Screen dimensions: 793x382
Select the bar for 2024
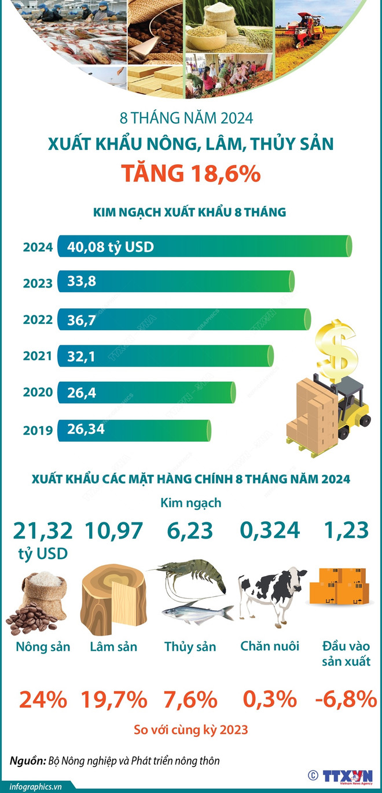pyautogui.click(x=205, y=247)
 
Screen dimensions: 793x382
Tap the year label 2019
pyautogui.click(x=38, y=430)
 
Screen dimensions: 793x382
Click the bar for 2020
pyautogui.click(x=146, y=393)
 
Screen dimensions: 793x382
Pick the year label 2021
pyautogui.click(x=38, y=356)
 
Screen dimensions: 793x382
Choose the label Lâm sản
pyautogui.click(x=113, y=647)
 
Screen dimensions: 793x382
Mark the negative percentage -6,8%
pyautogui.click(x=346, y=700)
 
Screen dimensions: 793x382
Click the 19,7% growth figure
pyautogui.click(x=113, y=700)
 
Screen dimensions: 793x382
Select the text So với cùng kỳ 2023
pyautogui.click(x=190, y=729)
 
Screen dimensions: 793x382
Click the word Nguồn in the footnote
pyautogui.click(x=25, y=760)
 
